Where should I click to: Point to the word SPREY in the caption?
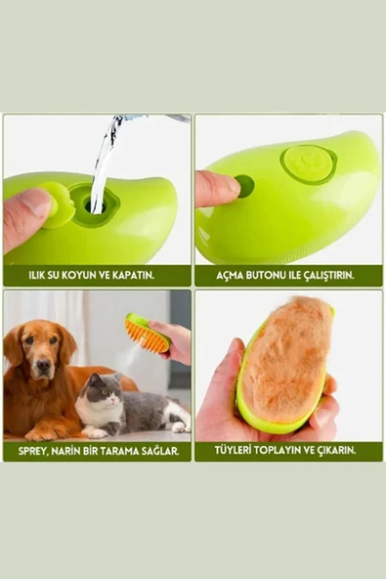(33, 451)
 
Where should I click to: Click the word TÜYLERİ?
(237, 451)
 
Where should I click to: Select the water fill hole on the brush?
(94, 205)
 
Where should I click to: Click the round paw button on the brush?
(310, 162)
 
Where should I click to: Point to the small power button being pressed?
(244, 186)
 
